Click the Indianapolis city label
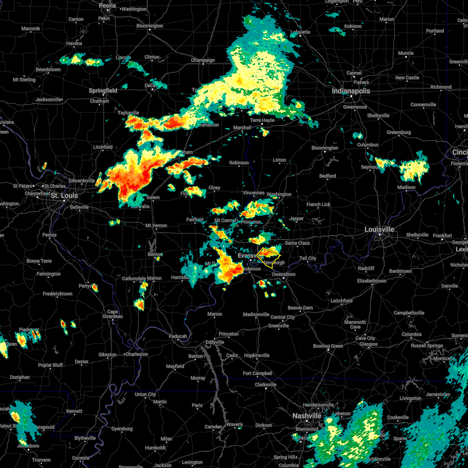point(351,91)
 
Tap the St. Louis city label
point(64,195)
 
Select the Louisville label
point(379,229)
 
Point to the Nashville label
point(307,416)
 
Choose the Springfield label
point(103,90)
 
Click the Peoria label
point(107,6)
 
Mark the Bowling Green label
point(328,346)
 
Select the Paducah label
point(178,336)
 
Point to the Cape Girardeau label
point(113,314)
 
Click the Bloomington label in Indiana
point(325,148)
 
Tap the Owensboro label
point(284,274)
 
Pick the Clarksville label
point(266,385)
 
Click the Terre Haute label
point(262,120)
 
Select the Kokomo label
point(353,26)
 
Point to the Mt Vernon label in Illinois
point(156,225)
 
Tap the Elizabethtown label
point(372,281)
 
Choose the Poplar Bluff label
point(50,365)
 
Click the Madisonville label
point(256,314)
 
